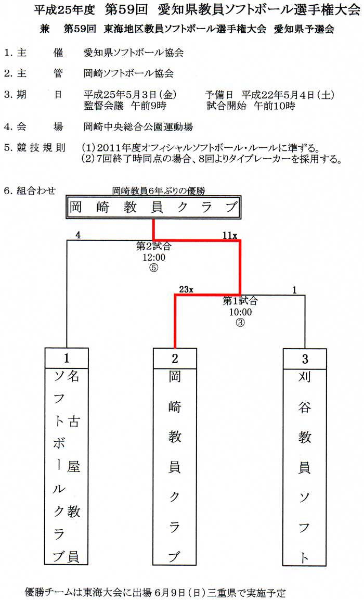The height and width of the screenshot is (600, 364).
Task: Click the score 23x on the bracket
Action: click(186, 289)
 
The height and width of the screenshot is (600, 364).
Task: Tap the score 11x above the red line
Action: click(230, 235)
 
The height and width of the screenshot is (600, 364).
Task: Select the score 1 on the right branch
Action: click(294, 290)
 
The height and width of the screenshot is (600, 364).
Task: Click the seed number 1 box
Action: click(67, 358)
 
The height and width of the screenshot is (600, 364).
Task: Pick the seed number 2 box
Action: click(175, 359)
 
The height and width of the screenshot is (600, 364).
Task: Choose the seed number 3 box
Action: click(305, 359)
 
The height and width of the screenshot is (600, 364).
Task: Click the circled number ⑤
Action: click(154, 268)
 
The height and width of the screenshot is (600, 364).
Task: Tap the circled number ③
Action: click(240, 323)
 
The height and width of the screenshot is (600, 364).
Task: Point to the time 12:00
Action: click(154, 257)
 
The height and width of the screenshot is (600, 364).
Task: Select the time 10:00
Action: click(240, 312)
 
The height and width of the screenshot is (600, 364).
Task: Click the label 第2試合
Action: click(154, 246)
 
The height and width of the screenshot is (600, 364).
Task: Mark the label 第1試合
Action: click(240, 301)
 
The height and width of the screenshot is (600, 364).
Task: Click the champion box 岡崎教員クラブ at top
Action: click(154, 208)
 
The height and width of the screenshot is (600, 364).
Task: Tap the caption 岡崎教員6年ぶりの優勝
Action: click(159, 190)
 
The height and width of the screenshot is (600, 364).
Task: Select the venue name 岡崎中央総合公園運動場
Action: click(138, 126)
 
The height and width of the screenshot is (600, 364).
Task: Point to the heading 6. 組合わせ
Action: click(30, 190)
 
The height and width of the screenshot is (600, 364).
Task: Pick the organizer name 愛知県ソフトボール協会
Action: click(134, 53)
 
